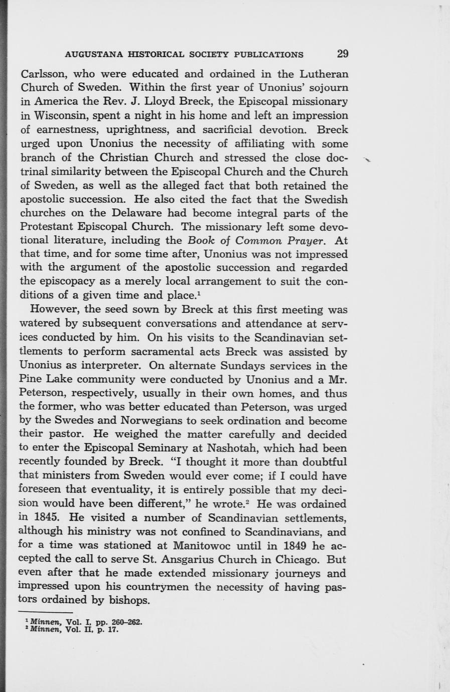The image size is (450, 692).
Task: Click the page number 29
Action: coord(343,54)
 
